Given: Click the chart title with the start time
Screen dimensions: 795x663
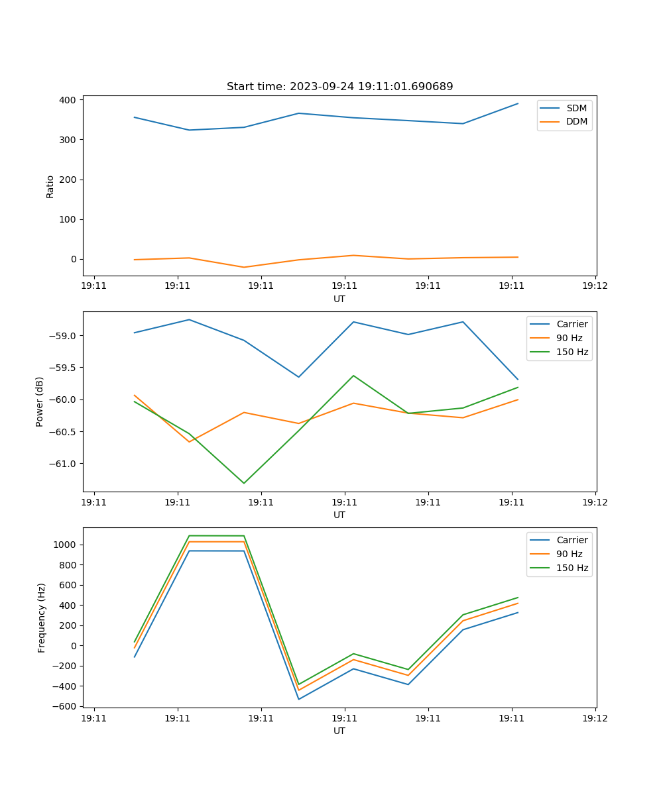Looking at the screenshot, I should [339, 87].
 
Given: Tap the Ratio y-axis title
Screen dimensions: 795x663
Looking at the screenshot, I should [50, 186].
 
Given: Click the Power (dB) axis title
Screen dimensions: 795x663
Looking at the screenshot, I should [40, 401].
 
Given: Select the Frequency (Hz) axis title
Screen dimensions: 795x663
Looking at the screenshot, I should [41, 617].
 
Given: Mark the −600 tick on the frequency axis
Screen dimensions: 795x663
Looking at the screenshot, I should [64, 706].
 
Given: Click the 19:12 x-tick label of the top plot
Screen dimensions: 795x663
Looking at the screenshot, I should [595, 286].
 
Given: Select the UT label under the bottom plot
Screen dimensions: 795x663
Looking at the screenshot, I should [339, 731].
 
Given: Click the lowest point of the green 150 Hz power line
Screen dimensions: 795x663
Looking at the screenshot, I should [244, 483].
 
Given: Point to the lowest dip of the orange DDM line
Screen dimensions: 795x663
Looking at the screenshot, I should [244, 267].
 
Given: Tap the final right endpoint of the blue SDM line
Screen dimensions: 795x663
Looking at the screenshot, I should [518, 103].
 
